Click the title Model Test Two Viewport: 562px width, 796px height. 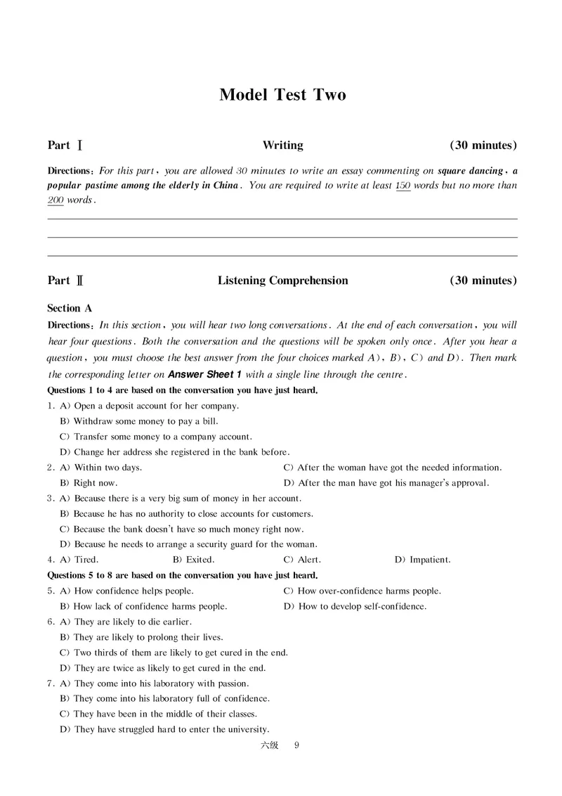(x=282, y=95)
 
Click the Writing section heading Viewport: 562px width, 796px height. (x=282, y=146)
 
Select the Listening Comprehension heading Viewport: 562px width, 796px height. (x=282, y=281)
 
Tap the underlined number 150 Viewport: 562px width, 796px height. (x=403, y=186)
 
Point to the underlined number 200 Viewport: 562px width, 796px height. (x=55, y=200)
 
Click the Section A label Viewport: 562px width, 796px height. (x=70, y=308)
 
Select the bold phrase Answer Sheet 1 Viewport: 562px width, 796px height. (x=204, y=375)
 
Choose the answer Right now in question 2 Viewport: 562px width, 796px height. (x=95, y=483)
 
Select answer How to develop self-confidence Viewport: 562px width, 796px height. (x=362, y=606)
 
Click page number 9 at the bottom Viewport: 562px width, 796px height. (x=296, y=746)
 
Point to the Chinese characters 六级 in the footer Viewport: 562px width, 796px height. (x=269, y=746)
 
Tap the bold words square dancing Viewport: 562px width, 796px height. (x=470, y=170)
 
